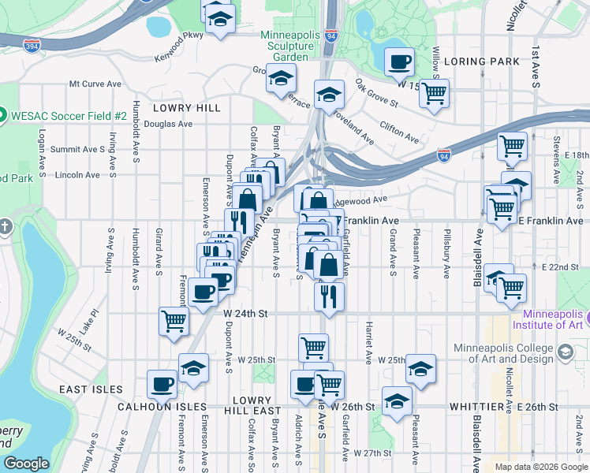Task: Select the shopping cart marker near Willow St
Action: point(434,92)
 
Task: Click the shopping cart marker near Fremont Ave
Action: point(174,320)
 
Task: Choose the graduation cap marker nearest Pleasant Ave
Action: point(420,368)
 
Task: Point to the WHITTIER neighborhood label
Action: point(472,407)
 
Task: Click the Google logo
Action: point(27,463)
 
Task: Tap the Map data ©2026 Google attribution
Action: point(541,467)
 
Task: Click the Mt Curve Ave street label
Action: point(95,84)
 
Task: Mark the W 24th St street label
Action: point(245,313)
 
